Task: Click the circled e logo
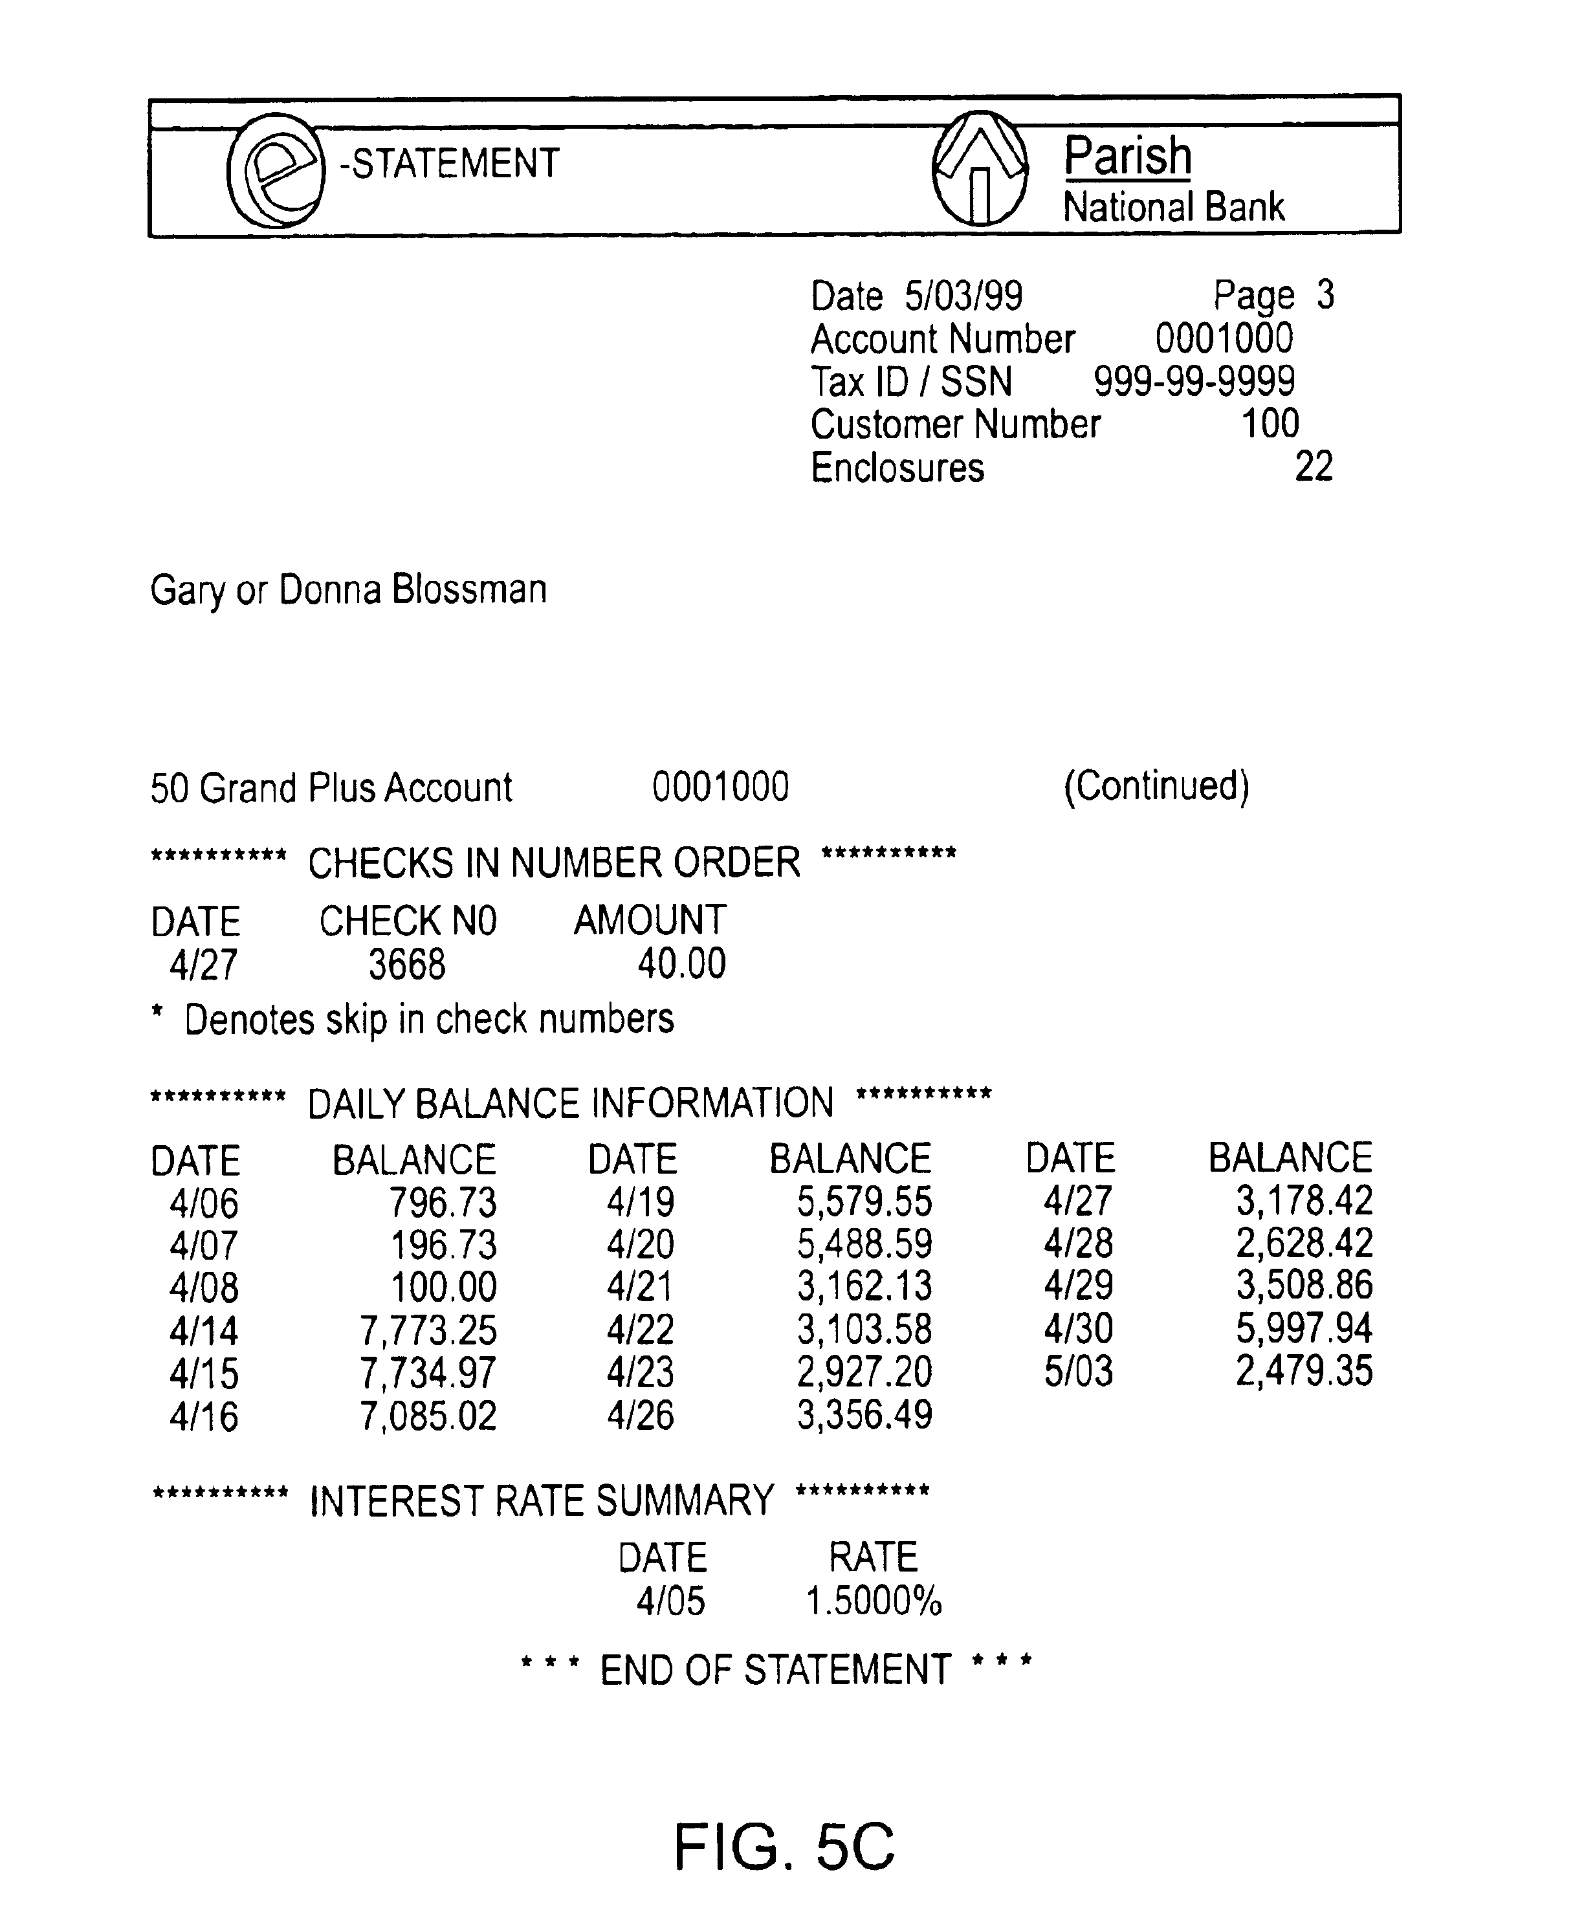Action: [275, 170]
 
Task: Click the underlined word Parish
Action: [1127, 156]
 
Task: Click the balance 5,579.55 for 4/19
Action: [864, 1201]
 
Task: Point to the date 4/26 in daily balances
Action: [641, 1416]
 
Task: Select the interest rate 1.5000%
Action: [874, 1602]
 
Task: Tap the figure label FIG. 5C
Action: [784, 1847]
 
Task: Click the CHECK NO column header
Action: [407, 921]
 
